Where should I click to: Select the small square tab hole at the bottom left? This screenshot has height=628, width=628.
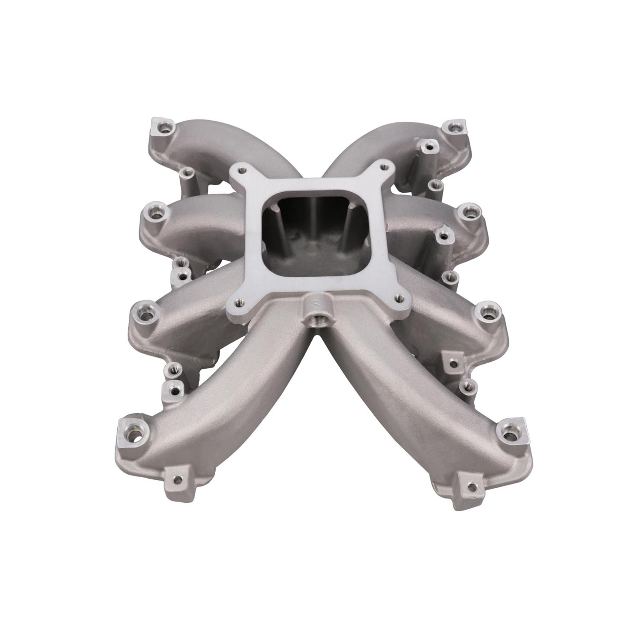point(176,480)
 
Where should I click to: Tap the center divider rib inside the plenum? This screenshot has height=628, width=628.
point(316,225)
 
